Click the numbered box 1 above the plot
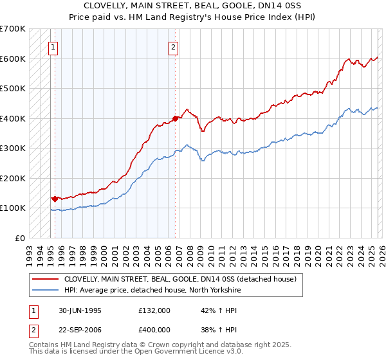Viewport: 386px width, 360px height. (x=52, y=46)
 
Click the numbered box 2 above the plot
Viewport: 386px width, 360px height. (x=174, y=46)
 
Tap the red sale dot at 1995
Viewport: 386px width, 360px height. (x=55, y=199)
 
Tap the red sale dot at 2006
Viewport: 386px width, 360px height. (x=175, y=118)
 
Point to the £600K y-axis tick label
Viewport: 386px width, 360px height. (x=12, y=59)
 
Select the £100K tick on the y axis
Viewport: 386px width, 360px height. (x=12, y=208)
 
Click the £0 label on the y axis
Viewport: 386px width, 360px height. (x=19, y=238)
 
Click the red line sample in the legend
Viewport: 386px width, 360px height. (x=45, y=279)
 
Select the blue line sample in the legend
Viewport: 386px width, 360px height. (x=45, y=290)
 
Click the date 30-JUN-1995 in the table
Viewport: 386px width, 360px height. (x=79, y=310)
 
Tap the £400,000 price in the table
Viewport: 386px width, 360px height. (x=154, y=330)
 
